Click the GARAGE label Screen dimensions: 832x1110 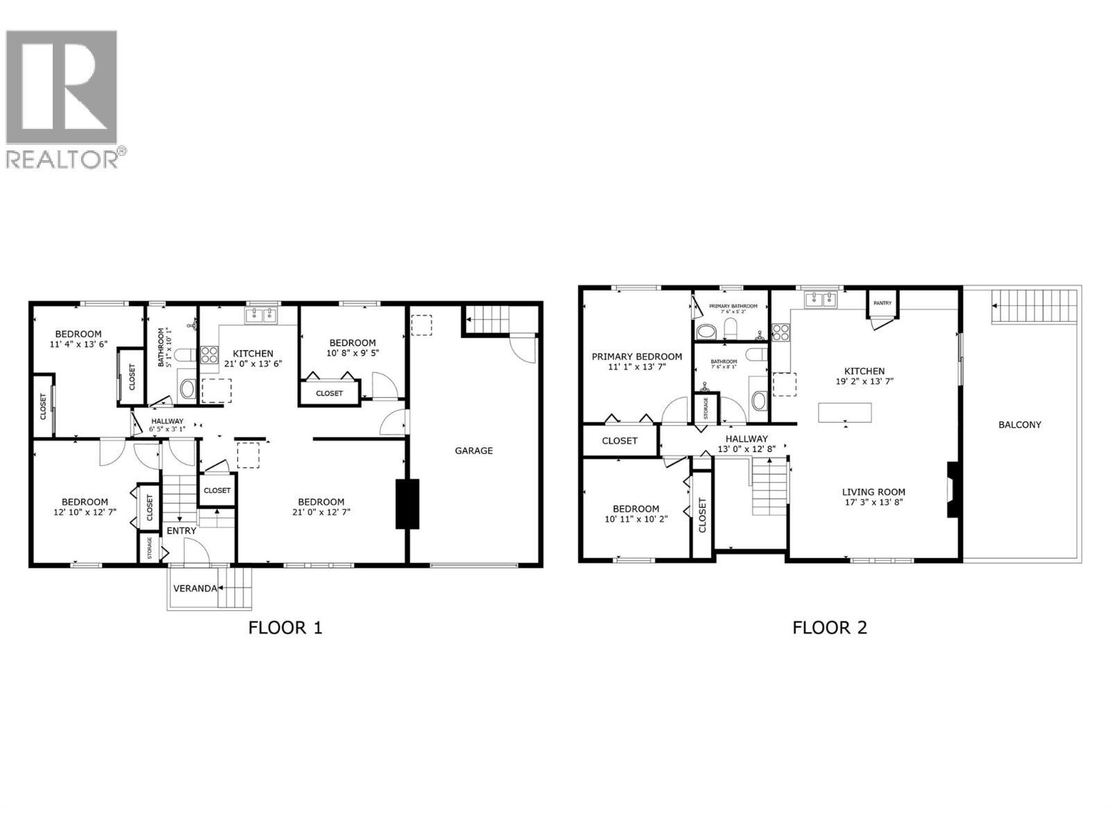[474, 451]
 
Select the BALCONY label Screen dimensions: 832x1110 [1019, 424]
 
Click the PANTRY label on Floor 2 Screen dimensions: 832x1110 [882, 303]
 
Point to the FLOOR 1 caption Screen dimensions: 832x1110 [285, 628]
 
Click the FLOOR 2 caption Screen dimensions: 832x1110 [830, 628]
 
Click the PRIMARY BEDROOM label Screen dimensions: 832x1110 [636, 356]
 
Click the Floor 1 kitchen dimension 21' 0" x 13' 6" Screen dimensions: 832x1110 [253, 363]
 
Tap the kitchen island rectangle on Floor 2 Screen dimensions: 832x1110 [844, 413]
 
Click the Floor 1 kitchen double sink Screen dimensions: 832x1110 [262, 316]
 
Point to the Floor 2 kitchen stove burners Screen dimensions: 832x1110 [780, 333]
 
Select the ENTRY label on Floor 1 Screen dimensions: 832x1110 [181, 530]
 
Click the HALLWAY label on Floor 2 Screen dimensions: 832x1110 [746, 438]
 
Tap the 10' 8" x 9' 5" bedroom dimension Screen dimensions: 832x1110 [352, 353]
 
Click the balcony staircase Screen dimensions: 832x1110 [1034, 306]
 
